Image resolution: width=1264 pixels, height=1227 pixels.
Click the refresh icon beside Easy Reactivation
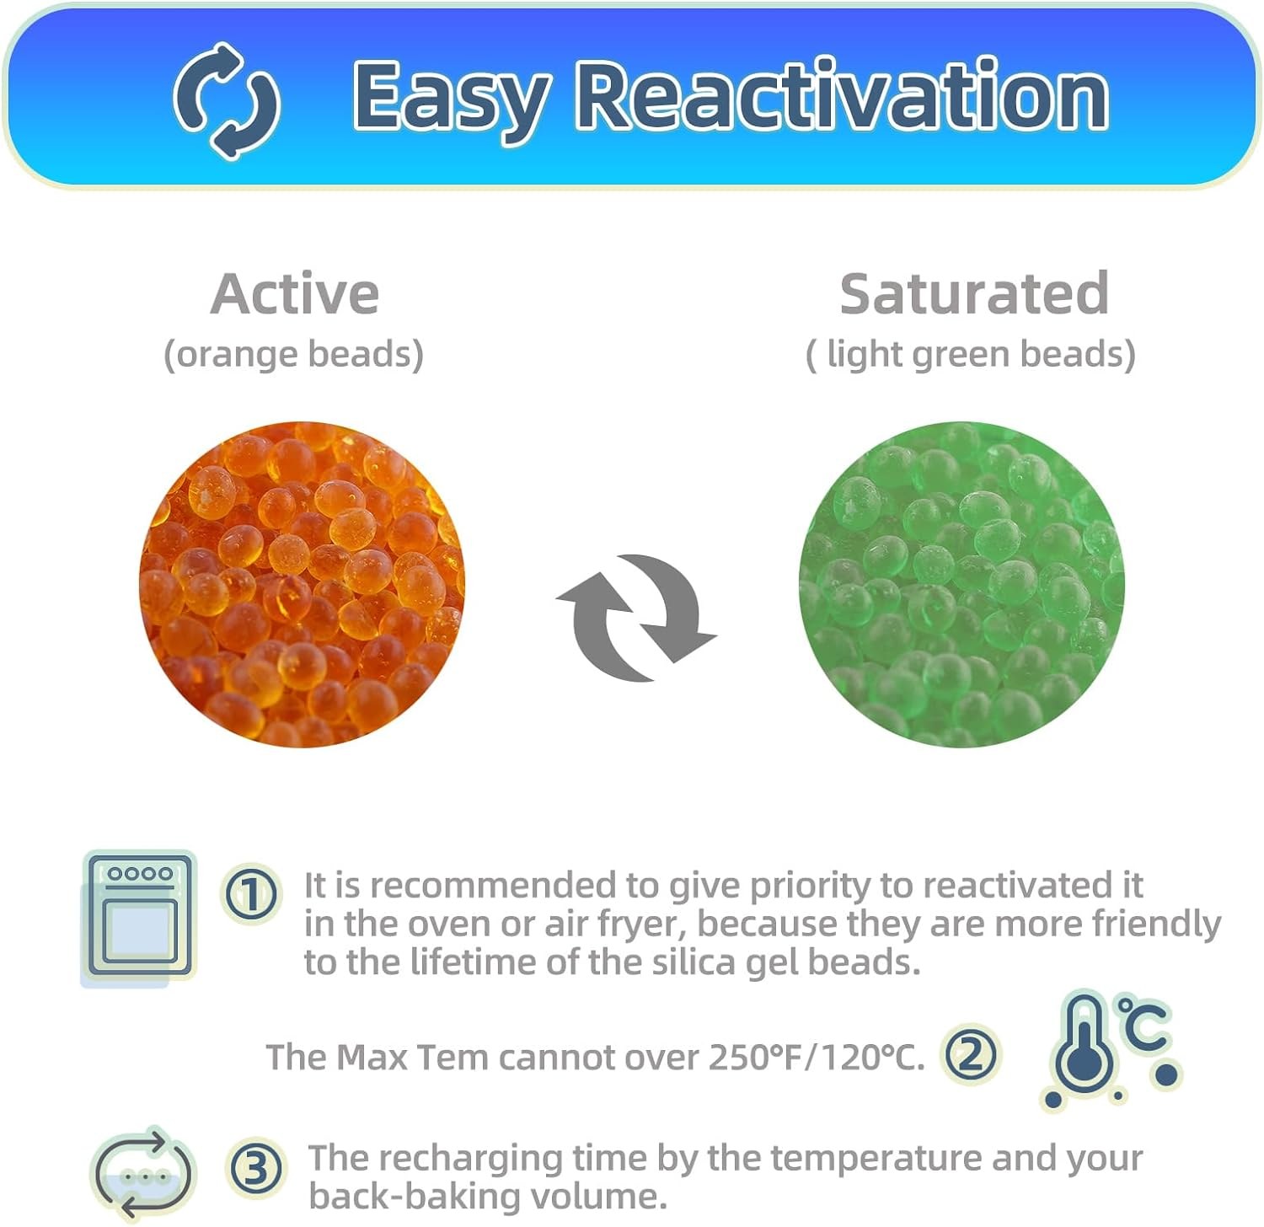226,99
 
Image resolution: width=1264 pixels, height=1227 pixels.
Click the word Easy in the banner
451,98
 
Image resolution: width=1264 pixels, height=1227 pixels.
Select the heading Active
295,294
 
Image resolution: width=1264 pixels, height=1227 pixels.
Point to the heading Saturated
973,294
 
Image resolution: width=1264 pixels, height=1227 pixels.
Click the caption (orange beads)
293,354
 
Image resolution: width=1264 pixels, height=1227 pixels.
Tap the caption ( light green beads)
971,354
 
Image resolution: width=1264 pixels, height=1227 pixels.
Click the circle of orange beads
302,584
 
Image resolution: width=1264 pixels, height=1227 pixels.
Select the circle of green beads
961,584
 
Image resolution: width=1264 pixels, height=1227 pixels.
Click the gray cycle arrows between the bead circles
636,617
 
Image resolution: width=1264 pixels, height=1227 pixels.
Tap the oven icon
139,916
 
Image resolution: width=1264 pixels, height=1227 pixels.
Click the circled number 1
251,893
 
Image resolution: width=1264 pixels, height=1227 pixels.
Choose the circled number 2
971,1054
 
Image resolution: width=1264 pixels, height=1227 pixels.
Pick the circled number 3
256,1169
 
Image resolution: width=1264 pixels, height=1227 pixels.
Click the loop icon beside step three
142,1172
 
